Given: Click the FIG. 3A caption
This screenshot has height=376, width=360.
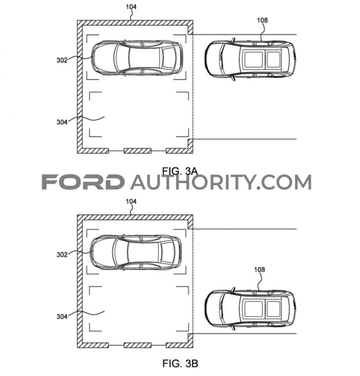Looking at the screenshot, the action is [180, 171].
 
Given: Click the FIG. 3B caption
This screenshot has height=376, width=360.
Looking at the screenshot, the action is [180, 363].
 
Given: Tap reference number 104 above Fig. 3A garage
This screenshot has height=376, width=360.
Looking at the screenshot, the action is [131, 7].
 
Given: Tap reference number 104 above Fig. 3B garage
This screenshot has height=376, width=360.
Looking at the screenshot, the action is [131, 201].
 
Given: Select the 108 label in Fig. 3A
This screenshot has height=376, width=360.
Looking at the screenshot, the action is [262, 21].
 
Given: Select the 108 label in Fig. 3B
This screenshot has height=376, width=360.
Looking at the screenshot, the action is [259, 270].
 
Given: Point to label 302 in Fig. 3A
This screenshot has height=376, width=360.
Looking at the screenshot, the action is [62, 60].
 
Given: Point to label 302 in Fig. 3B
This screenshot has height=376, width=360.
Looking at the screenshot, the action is [62, 255].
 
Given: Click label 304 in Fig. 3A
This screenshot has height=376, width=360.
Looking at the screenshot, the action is [62, 122].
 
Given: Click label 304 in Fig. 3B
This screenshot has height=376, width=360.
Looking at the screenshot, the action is [62, 317].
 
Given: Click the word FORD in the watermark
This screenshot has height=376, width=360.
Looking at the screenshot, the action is [83, 182].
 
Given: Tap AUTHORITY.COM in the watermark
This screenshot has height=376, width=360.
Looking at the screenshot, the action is [221, 182].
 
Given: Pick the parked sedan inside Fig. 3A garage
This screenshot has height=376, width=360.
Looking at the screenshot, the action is [137, 58].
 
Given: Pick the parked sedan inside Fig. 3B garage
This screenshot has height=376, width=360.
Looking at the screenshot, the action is [136, 252].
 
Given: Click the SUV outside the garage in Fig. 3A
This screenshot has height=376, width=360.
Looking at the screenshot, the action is [250, 59].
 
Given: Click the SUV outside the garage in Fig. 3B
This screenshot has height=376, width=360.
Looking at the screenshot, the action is [250, 308].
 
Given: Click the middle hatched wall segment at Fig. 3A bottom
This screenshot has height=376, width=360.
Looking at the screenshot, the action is [137, 151].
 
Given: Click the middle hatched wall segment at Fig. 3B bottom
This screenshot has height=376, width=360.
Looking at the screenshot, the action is [137, 345].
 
